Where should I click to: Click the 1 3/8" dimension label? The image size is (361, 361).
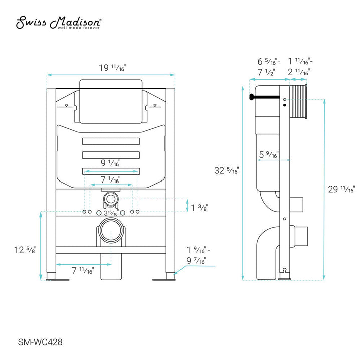pos(199,207)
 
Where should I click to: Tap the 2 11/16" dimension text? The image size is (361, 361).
pos(299,72)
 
